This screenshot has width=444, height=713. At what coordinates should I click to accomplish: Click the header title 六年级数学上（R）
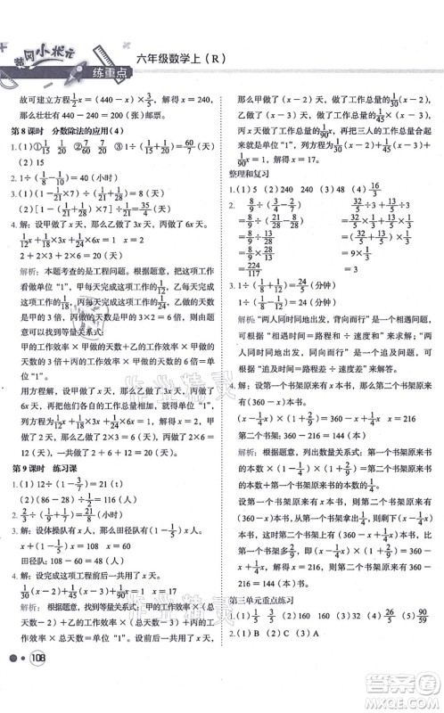183,61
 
